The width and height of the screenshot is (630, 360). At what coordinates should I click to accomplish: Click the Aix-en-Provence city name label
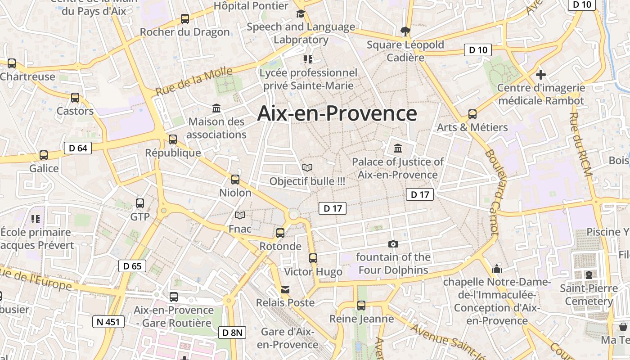pyautogui.click(x=337, y=113)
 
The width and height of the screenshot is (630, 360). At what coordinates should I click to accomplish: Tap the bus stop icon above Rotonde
pyautogui.click(x=280, y=233)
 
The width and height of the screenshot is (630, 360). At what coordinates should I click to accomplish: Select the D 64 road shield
pyautogui.click(x=78, y=148)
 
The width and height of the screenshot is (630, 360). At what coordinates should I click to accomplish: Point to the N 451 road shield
pyautogui.click(x=108, y=322)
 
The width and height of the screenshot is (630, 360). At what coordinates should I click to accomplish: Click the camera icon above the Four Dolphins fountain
pyautogui.click(x=393, y=244)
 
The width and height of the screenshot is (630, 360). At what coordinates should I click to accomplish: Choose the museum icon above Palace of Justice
pyautogui.click(x=398, y=148)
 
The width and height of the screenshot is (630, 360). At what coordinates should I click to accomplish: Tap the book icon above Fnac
pyautogui.click(x=240, y=216)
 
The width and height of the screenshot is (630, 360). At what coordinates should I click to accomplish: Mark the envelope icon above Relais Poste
pyautogui.click(x=285, y=289)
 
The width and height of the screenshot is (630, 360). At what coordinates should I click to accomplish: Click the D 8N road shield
pyautogui.click(x=233, y=333)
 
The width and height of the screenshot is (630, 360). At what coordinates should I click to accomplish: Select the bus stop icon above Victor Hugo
pyautogui.click(x=313, y=258)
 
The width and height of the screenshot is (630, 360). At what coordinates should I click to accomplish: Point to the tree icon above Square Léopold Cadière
pyautogui.click(x=405, y=31)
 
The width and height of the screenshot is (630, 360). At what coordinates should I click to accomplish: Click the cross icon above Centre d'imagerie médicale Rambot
pyautogui.click(x=541, y=74)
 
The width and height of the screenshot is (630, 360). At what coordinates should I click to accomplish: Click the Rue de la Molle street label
pyautogui.click(x=194, y=81)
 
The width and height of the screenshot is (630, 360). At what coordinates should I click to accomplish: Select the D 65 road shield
pyautogui.click(x=132, y=266)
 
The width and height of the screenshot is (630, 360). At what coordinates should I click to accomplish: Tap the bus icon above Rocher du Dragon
pyautogui.click(x=185, y=19)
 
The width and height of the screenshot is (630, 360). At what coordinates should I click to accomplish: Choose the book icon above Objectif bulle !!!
pyautogui.click(x=307, y=168)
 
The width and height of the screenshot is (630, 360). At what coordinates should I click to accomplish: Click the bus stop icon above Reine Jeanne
pyautogui.click(x=361, y=305)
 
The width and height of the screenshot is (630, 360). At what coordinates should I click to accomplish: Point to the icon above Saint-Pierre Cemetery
pyautogui.click(x=589, y=274)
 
